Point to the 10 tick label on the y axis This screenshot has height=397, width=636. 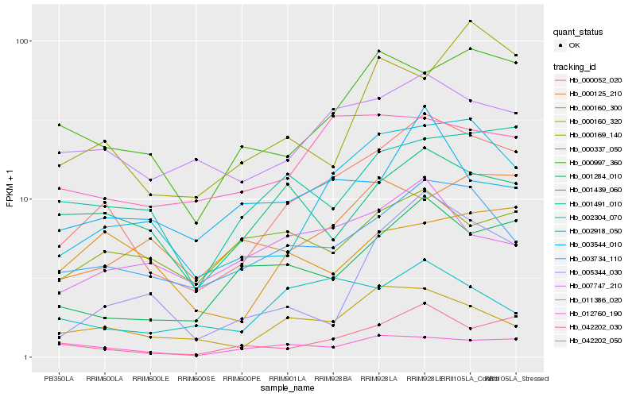tap(25, 199)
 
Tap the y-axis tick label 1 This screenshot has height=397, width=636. tap(27, 357)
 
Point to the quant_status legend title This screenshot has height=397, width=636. tap(578, 32)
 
